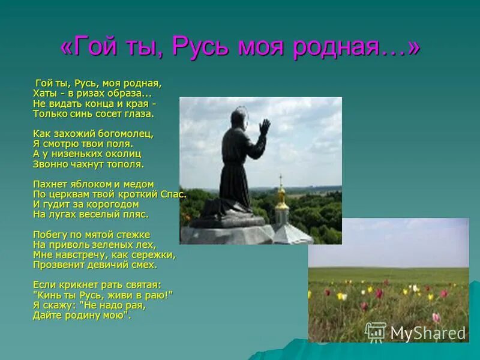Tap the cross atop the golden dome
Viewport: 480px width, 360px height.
[x=281, y=179]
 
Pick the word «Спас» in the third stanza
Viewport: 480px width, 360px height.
[x=173, y=194]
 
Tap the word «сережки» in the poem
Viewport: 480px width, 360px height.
[x=154, y=254]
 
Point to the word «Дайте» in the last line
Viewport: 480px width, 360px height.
[x=45, y=314]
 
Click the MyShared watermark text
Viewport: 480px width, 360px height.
[x=427, y=334]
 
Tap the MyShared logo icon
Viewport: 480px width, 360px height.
[x=376, y=332]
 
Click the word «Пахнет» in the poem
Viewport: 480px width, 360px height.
[x=48, y=184]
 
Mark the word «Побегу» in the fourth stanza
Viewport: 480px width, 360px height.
[x=49, y=235]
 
